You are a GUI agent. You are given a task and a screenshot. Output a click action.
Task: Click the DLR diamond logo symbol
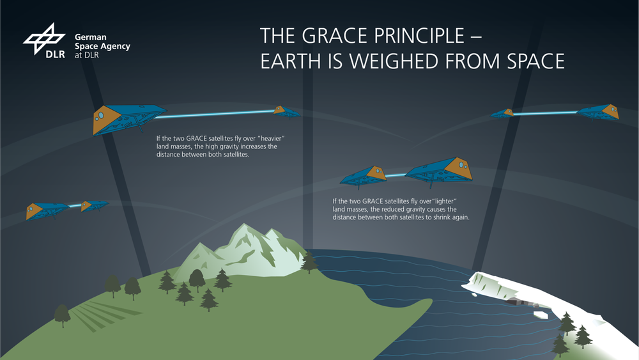(44, 39)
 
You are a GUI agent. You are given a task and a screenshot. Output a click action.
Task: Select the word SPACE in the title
(535, 61)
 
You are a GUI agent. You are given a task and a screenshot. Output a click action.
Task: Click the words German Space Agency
(102, 42)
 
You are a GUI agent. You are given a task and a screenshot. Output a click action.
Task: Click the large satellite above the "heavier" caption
(129, 118)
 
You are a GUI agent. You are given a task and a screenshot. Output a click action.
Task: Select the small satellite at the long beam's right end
(286, 112)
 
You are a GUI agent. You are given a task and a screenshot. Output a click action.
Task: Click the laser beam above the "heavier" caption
(215, 114)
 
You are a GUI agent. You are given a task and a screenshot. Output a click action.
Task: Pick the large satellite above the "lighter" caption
(440, 171)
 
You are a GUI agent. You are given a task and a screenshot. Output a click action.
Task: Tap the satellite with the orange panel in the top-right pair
(598, 112)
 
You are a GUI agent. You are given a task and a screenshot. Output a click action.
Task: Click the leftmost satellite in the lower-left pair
(47, 211)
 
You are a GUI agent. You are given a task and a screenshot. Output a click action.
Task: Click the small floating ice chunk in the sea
(541, 315)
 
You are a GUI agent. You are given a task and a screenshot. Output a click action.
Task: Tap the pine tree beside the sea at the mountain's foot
(309, 262)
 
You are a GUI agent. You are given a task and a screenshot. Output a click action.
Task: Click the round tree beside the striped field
(62, 315)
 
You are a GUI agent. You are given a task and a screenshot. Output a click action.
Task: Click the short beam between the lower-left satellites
(75, 206)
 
